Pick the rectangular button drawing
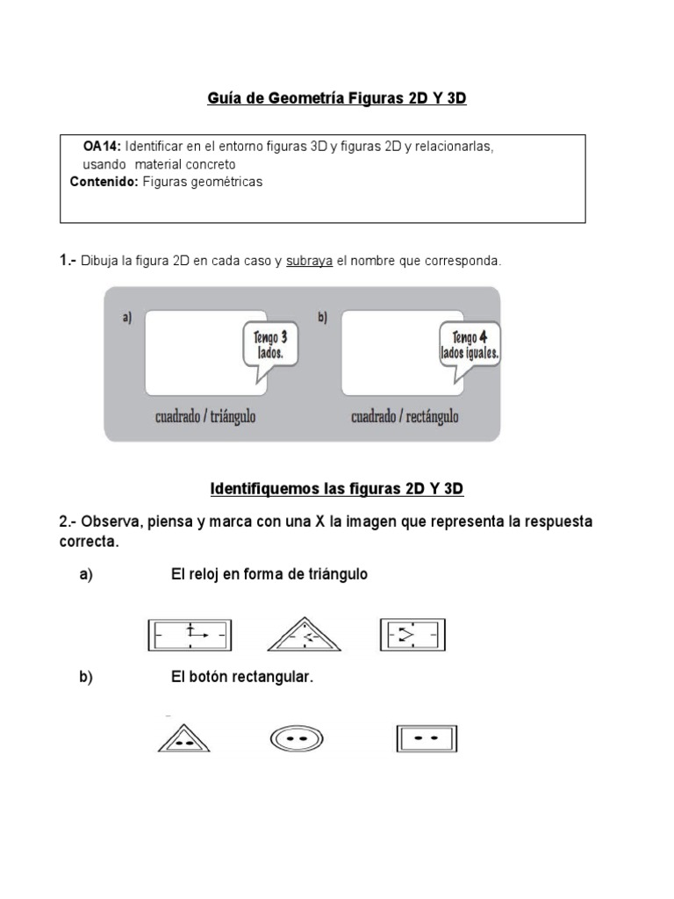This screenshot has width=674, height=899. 427,739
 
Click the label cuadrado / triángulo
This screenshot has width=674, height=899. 205,417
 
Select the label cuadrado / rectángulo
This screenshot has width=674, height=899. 405,417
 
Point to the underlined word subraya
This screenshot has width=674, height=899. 309,261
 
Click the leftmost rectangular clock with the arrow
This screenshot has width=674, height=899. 190,634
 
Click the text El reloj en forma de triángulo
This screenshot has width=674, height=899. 269,574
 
